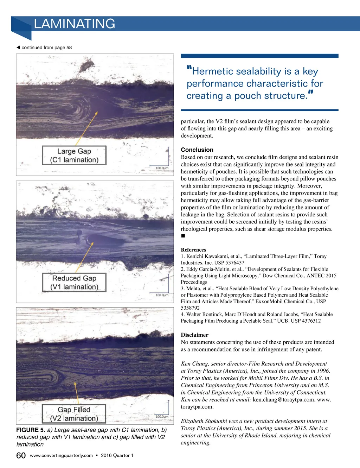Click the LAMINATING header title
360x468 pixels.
tap(74, 24)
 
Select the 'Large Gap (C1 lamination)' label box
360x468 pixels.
tap(74, 156)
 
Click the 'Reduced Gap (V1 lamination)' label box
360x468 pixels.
tap(74, 283)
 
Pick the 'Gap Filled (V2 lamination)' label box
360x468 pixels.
tap(74, 414)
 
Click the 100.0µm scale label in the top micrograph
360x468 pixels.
tap(162, 168)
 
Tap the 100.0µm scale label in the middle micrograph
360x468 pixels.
tap(162, 295)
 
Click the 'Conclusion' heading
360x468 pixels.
tap(197, 150)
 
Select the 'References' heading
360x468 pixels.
tap(193, 250)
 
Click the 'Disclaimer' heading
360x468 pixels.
tap(194, 335)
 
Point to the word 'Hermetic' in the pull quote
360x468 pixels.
tap(209, 71)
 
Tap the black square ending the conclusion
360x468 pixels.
tap(183, 236)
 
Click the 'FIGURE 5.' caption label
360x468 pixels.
tap(31, 430)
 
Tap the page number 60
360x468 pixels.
tap(21, 456)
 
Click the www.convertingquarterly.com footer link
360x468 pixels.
tap(61, 456)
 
